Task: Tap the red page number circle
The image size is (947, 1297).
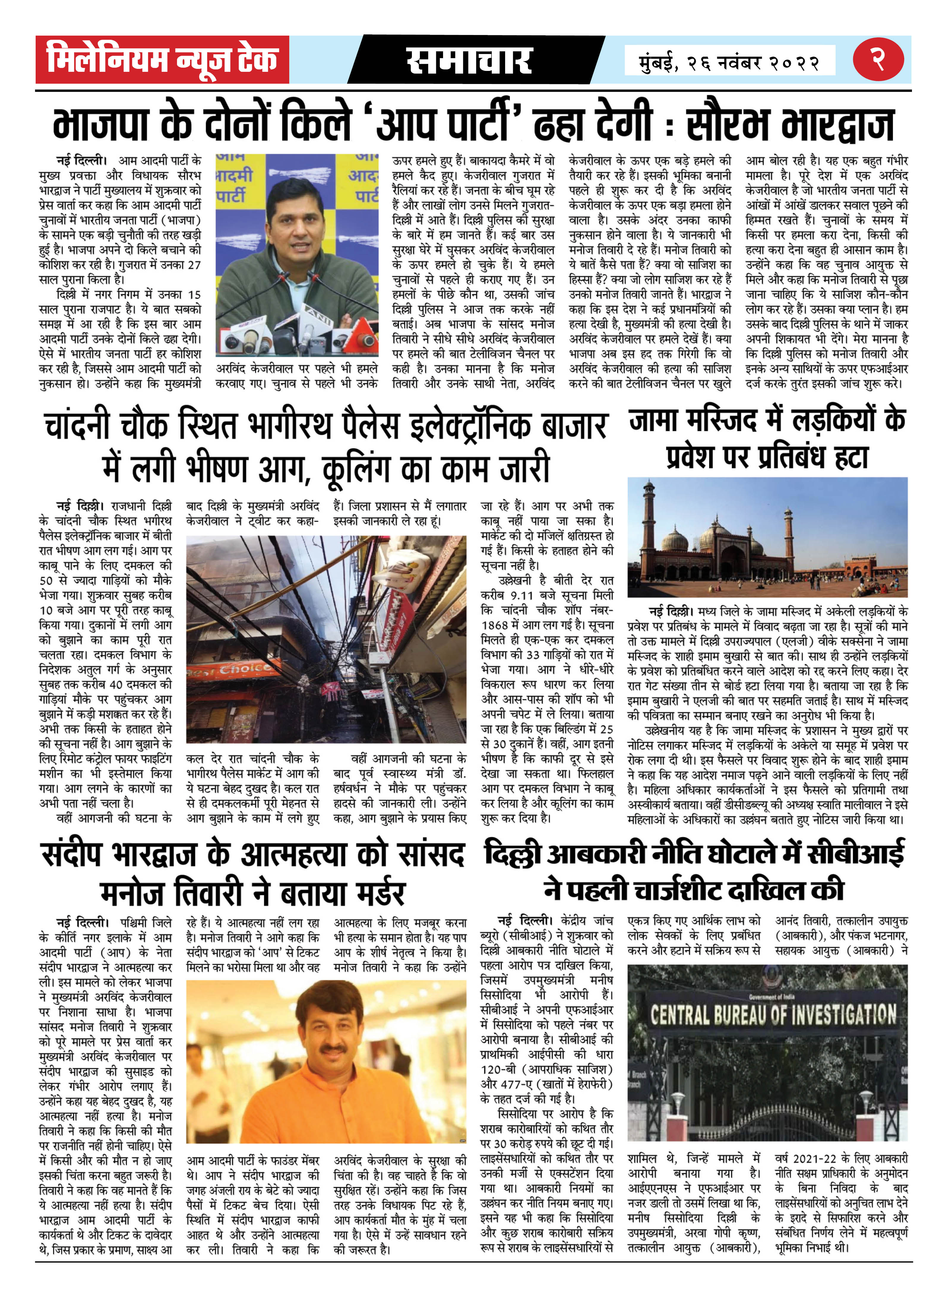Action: pos(878,59)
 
